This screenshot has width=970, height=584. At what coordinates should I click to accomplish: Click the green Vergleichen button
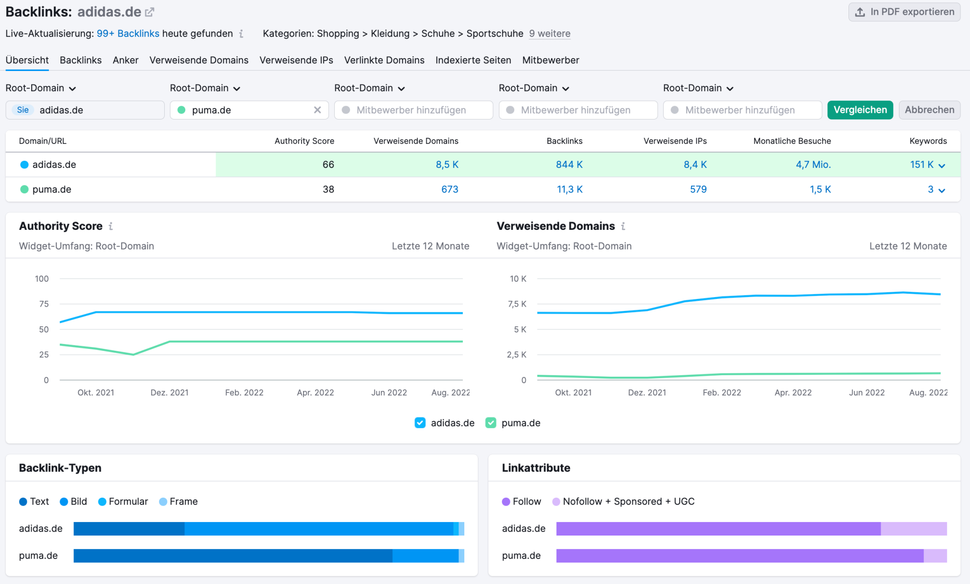[x=860, y=110]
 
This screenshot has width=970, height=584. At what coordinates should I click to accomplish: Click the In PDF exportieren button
[x=904, y=12]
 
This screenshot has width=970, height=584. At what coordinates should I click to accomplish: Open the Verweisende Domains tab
[x=199, y=60]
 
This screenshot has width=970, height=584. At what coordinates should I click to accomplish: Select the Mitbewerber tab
[x=550, y=60]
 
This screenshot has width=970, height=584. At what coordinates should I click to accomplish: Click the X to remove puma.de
[x=317, y=110]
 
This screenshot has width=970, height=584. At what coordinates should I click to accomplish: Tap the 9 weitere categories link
[x=549, y=34]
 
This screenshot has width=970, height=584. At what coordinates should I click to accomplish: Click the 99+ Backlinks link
[x=128, y=34]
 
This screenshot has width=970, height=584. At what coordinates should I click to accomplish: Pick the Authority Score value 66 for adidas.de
[x=328, y=165]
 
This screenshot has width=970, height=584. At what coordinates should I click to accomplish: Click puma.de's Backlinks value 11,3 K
[x=569, y=190]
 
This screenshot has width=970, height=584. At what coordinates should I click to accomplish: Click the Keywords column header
[x=928, y=141]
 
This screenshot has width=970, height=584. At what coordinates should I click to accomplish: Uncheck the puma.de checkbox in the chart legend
[x=491, y=423]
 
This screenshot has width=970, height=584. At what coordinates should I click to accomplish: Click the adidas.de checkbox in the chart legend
[x=420, y=423]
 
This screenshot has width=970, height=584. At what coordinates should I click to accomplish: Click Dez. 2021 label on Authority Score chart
[x=170, y=393]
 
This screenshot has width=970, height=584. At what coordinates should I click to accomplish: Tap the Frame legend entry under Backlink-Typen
[x=178, y=501]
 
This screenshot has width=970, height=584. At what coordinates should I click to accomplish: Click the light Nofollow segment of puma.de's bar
[x=935, y=556]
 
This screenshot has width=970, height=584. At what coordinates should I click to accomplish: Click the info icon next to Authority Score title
[x=110, y=226]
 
